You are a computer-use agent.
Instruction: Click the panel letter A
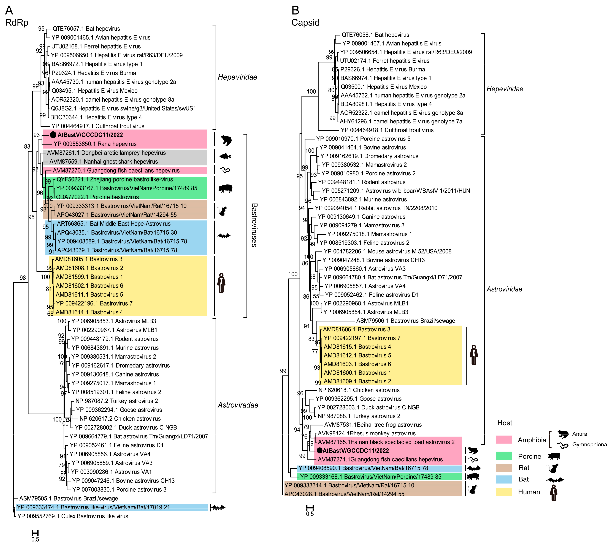pyautogui.click(x=9, y=11)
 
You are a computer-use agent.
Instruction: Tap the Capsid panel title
pyautogui.click(x=305, y=23)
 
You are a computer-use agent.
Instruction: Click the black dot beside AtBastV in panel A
pyautogui.click(x=53, y=135)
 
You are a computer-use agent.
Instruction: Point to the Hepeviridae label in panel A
pyautogui.click(x=237, y=77)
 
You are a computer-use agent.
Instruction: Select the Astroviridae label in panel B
pyautogui.click(x=504, y=289)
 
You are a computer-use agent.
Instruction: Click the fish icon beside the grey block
pyautogui.click(x=225, y=156)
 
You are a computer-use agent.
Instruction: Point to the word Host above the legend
pyautogui.click(x=505, y=423)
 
